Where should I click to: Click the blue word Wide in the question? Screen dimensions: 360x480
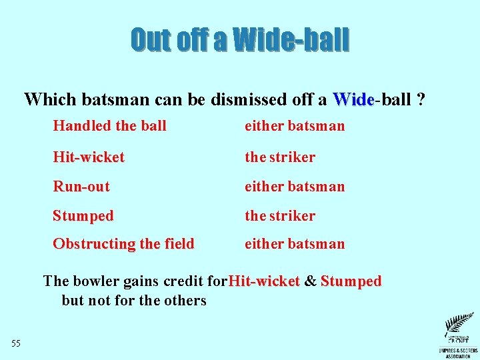click(x=353, y=100)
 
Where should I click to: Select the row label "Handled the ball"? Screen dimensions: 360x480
click(x=109, y=125)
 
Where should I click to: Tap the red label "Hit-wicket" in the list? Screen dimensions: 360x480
click(x=89, y=157)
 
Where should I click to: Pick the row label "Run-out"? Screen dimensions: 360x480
click(x=81, y=187)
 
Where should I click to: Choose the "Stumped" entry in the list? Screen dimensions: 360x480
click(x=83, y=216)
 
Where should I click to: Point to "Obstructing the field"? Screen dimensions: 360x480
click(x=123, y=244)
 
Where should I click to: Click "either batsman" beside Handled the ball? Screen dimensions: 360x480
click(x=295, y=125)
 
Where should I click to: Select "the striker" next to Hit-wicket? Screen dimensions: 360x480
click(x=280, y=157)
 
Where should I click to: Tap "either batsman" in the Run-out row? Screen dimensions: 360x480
click(x=295, y=187)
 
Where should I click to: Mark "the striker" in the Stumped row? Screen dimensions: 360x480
click(x=280, y=216)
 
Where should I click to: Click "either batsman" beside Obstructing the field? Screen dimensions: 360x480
click(x=295, y=244)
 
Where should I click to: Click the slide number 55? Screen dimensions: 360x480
click(x=16, y=343)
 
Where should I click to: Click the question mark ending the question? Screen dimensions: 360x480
click(x=421, y=100)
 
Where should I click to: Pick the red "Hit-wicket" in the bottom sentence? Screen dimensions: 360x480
click(x=264, y=281)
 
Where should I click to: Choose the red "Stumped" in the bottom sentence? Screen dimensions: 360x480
click(x=351, y=281)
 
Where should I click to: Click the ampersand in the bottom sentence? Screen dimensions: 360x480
click(x=310, y=281)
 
